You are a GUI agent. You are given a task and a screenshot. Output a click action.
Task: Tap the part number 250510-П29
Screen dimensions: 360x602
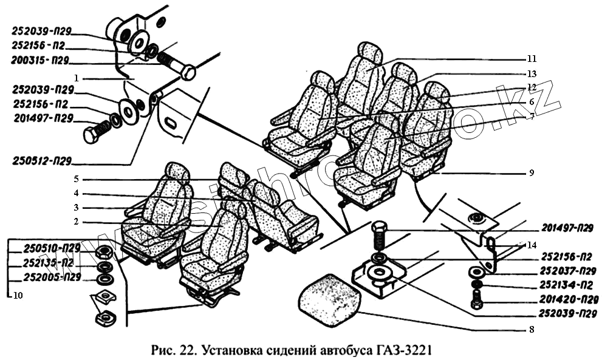[52, 248]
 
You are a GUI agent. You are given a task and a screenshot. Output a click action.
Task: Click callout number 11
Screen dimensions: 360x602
[532, 59]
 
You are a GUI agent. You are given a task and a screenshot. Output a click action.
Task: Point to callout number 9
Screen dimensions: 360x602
[532, 172]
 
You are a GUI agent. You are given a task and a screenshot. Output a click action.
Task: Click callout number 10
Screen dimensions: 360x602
[16, 297]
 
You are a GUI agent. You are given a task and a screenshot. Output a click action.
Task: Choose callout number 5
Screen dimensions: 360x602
[77, 179]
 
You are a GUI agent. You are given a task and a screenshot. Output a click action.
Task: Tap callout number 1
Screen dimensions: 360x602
[77, 78]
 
